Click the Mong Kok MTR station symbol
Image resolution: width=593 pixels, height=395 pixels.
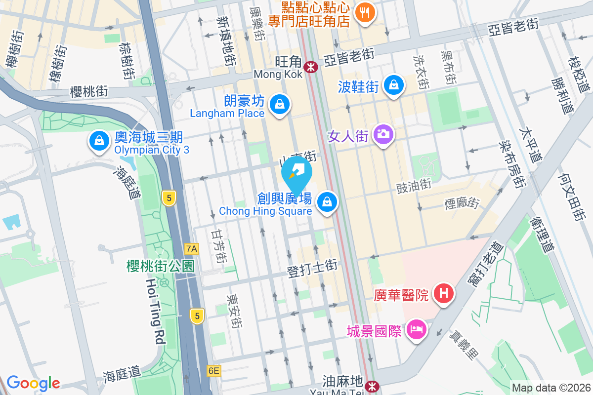pos(311,67)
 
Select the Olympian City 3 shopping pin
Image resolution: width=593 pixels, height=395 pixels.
pos(99,141)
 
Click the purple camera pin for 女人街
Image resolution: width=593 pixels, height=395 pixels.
pos(383,134)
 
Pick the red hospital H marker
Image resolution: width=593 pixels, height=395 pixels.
pos(443,293)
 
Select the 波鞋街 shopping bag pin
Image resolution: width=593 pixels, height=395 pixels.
pos(394,85)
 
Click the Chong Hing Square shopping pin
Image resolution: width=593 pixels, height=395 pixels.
pos(327,201)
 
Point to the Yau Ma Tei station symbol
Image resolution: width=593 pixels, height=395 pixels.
pos(372,385)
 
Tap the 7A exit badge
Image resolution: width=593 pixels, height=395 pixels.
pos(191,248)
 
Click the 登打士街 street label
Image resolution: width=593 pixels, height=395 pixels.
pos(312,269)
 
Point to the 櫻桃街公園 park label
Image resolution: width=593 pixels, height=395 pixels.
pos(160,266)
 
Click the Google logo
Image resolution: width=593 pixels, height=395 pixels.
pos(33,383)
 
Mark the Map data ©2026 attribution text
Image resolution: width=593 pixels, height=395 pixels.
pos(551,388)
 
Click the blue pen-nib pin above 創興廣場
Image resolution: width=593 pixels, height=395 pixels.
pos(296,173)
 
